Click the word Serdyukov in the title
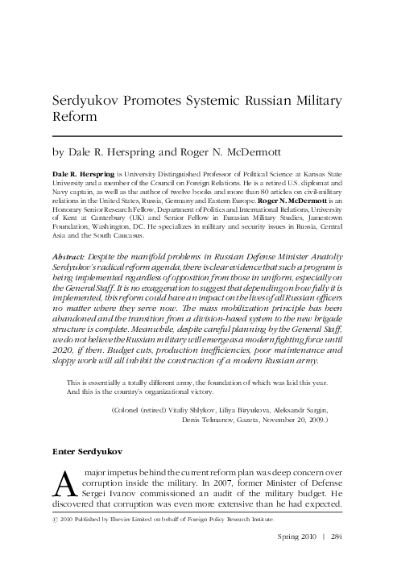click(86, 101)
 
